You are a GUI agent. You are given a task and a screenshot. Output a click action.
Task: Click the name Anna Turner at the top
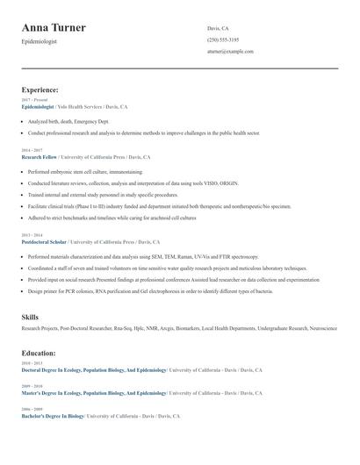tap(54, 28)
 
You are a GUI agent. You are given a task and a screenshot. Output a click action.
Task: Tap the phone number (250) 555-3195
tap(223, 39)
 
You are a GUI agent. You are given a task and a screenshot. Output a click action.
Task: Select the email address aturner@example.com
tap(230, 52)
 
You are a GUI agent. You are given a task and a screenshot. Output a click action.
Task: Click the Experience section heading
tap(40, 89)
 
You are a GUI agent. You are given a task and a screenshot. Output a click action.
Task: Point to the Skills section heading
tap(30, 316)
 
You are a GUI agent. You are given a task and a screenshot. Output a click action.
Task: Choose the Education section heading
tap(39, 353)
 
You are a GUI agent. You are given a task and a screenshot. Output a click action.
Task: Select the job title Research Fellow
tap(39, 157)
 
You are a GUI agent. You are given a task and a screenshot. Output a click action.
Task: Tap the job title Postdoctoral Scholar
tap(44, 240)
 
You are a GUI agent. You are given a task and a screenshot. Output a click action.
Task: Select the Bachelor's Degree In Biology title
tap(53, 416)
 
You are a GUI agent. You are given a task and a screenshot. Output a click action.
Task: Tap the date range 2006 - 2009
tap(31, 409)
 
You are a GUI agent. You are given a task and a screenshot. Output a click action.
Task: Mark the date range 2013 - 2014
tap(31, 234)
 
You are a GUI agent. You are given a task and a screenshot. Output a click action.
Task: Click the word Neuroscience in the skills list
tap(322, 328)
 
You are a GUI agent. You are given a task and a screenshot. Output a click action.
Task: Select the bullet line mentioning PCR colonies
tap(140, 290)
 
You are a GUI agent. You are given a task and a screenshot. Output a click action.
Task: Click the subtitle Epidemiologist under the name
tap(40, 42)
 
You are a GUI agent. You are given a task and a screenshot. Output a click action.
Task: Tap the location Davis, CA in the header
tap(219, 28)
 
